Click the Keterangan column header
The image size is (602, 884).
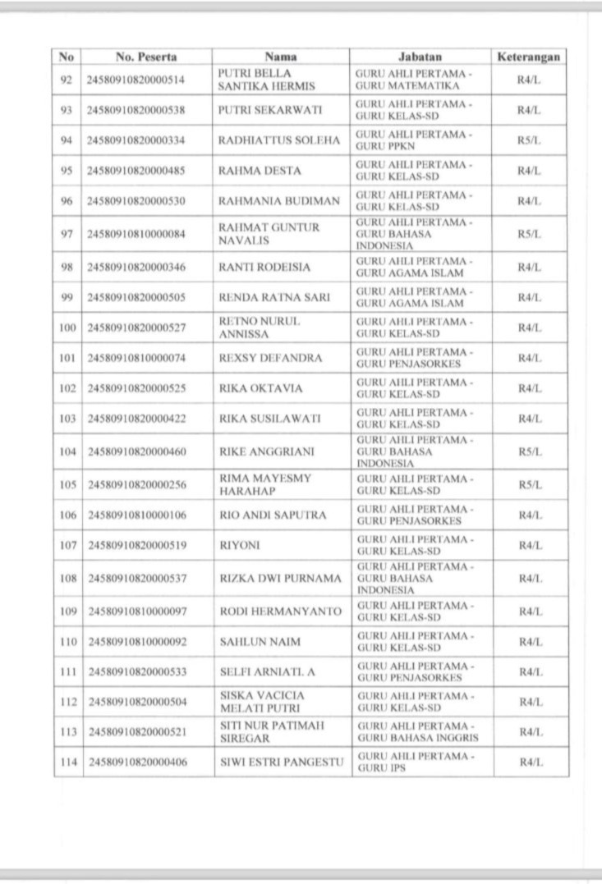(x=529, y=57)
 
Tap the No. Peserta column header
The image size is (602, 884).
(x=147, y=57)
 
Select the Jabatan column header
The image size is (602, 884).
(x=420, y=57)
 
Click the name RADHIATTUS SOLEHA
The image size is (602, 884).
(x=278, y=140)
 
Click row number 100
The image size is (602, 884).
(x=67, y=328)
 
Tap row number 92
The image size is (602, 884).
(x=67, y=80)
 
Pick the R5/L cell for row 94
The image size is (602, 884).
(x=530, y=140)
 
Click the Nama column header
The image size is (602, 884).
(x=281, y=57)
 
